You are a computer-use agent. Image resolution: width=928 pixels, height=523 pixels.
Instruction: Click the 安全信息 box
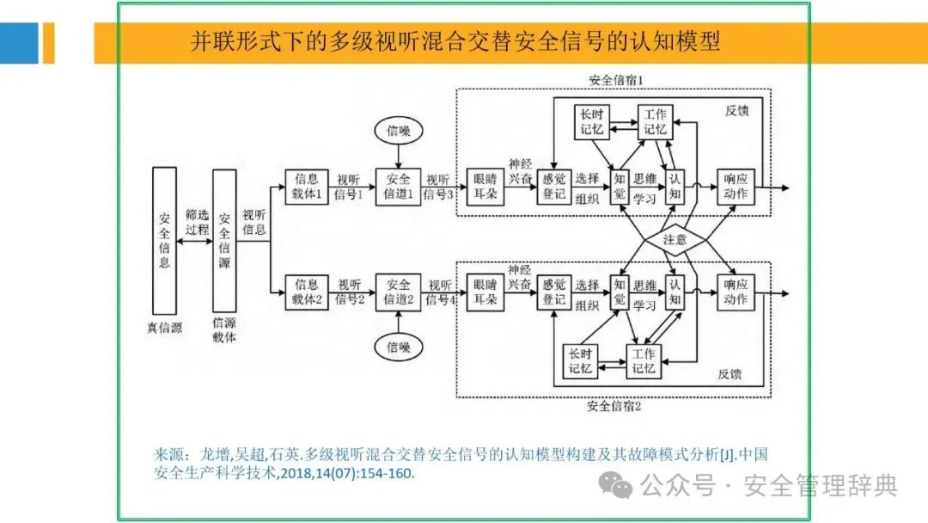click(164, 239)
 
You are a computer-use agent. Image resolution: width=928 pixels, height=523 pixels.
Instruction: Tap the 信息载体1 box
click(307, 187)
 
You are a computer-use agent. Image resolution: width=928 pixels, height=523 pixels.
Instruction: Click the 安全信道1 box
click(398, 187)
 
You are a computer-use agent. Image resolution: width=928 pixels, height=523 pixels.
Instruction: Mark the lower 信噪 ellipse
click(398, 348)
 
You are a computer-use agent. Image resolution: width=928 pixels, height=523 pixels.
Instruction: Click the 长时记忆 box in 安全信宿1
click(591, 122)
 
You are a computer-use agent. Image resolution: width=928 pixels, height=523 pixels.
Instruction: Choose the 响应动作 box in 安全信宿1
click(735, 187)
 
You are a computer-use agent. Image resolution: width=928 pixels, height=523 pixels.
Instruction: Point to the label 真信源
click(163, 327)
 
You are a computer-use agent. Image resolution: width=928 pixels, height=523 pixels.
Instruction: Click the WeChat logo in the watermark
click(617, 486)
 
